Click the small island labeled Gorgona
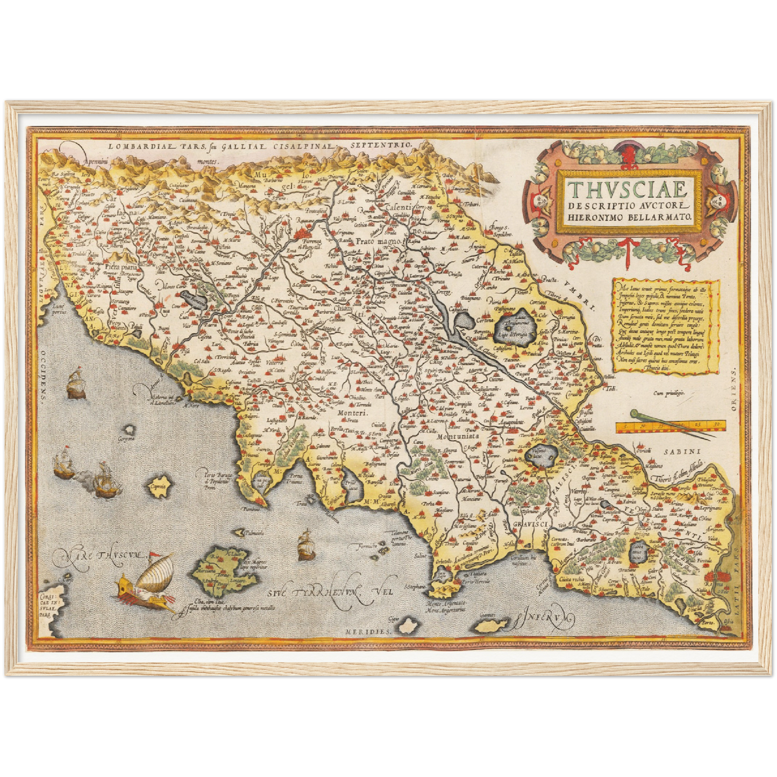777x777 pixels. (x=129, y=430)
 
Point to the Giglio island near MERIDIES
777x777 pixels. (x=410, y=626)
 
